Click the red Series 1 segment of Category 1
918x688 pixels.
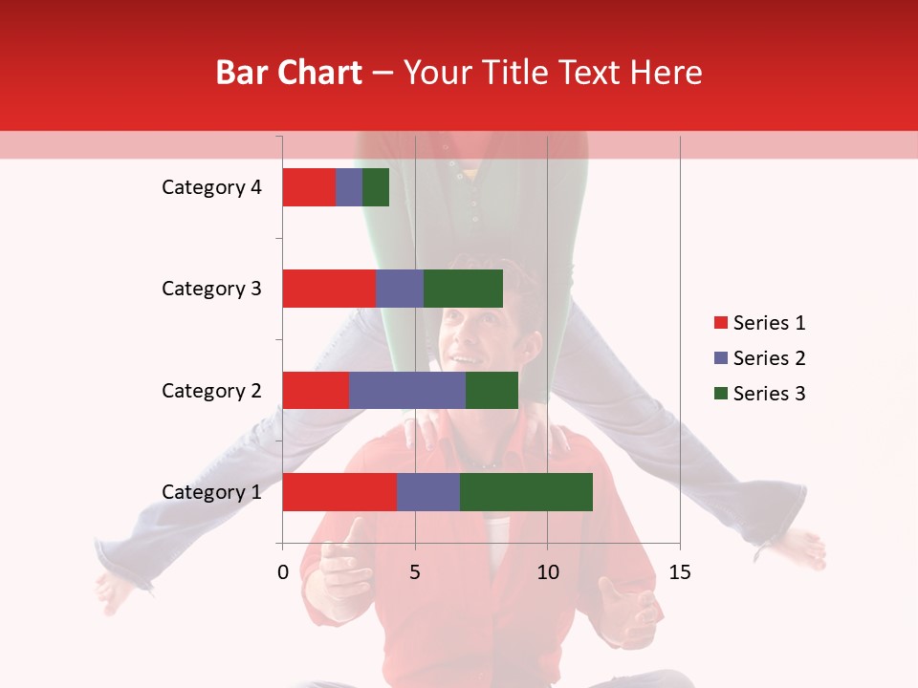click(339, 492)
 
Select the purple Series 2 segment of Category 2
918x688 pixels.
click(407, 390)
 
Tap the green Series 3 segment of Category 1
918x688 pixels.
click(526, 492)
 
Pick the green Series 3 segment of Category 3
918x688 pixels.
click(463, 289)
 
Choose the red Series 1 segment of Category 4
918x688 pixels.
click(309, 187)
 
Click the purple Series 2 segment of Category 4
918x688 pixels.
click(349, 187)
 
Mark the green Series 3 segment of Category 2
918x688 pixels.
click(492, 390)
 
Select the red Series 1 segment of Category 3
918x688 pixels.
click(329, 289)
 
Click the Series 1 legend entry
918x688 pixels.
click(759, 323)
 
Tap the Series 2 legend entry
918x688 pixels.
click(759, 358)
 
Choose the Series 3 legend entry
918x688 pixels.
click(759, 394)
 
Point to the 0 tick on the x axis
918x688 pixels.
click(283, 572)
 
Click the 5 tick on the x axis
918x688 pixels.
click(415, 572)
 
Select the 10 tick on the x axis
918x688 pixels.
click(547, 572)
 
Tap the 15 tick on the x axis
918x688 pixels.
click(679, 572)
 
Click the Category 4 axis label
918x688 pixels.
click(211, 187)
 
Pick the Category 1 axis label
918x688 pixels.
click(211, 492)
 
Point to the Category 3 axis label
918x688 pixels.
click(211, 289)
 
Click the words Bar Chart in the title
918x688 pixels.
click(289, 73)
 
